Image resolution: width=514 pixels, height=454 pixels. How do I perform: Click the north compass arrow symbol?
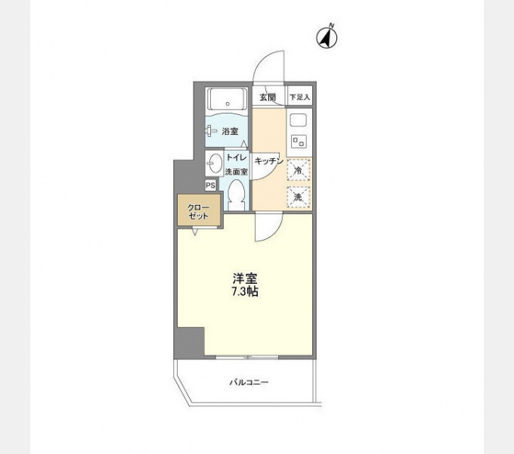pos(327,37)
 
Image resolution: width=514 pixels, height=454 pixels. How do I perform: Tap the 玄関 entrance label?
pos(268,98)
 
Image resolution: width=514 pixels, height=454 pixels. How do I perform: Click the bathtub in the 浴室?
pos(228,99)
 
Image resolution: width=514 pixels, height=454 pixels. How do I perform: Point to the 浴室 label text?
pos(230,132)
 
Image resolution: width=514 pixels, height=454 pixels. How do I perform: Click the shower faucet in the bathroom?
pos(211,131)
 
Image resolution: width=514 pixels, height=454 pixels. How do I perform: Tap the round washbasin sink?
pos(215,163)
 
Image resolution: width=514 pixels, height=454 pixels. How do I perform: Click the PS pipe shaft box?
pos(211,185)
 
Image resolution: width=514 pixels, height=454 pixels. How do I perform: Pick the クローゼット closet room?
pos(199,210)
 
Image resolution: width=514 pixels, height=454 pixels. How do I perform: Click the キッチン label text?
pos(268,160)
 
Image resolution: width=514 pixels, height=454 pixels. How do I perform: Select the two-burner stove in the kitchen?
pos(299,141)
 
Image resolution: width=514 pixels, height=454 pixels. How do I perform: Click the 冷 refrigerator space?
pos(299,170)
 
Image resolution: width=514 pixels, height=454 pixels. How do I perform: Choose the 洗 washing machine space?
pos(299,197)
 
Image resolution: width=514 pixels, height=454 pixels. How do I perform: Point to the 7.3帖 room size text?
pos(245,291)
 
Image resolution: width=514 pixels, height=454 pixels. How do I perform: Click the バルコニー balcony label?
pos(249,382)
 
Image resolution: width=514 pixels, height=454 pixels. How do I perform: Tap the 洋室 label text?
pos(245,278)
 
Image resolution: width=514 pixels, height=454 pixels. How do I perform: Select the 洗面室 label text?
pos(237,172)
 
